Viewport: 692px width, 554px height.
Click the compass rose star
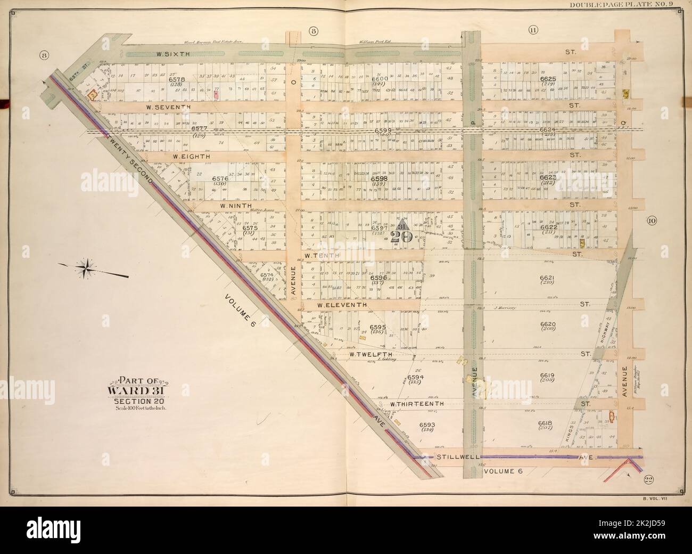point(85,268)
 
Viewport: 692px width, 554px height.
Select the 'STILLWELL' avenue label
point(456,457)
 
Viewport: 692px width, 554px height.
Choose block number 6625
point(547,79)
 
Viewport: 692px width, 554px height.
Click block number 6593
point(427,425)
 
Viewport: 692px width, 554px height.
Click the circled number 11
point(532,30)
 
